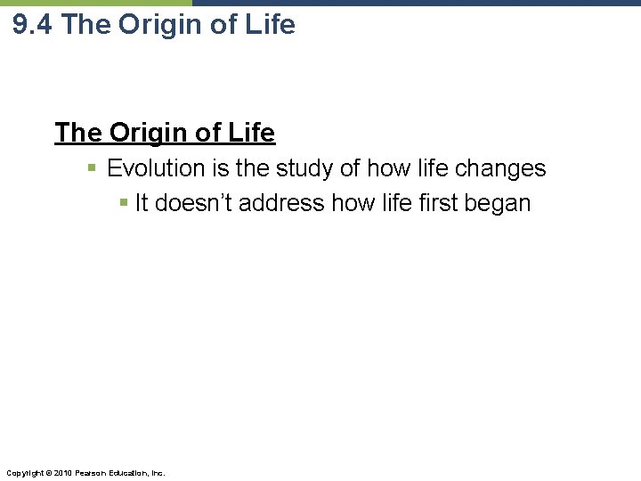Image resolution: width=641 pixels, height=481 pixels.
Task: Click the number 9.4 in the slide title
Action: click(34, 25)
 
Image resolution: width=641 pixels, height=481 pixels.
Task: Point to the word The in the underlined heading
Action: click(78, 133)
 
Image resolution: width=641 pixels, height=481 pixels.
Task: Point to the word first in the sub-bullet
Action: click(426, 203)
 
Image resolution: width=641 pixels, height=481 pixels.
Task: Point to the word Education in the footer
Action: click(127, 472)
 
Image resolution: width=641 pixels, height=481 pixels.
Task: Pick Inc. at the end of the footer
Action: click(158, 472)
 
